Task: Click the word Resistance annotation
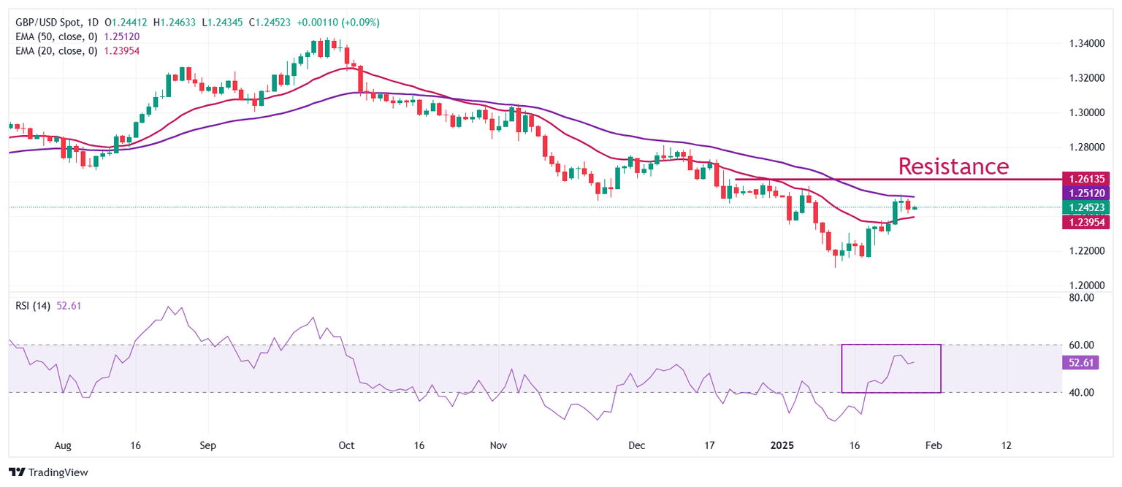coord(953,166)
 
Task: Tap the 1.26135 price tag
coord(1088,178)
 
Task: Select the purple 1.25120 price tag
coord(1088,193)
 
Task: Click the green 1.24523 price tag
coord(1088,207)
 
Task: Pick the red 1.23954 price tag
coord(1088,221)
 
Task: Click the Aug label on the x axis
coord(63,445)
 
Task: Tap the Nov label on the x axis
coord(498,445)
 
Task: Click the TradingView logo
coord(48,472)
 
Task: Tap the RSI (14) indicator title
coord(33,306)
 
